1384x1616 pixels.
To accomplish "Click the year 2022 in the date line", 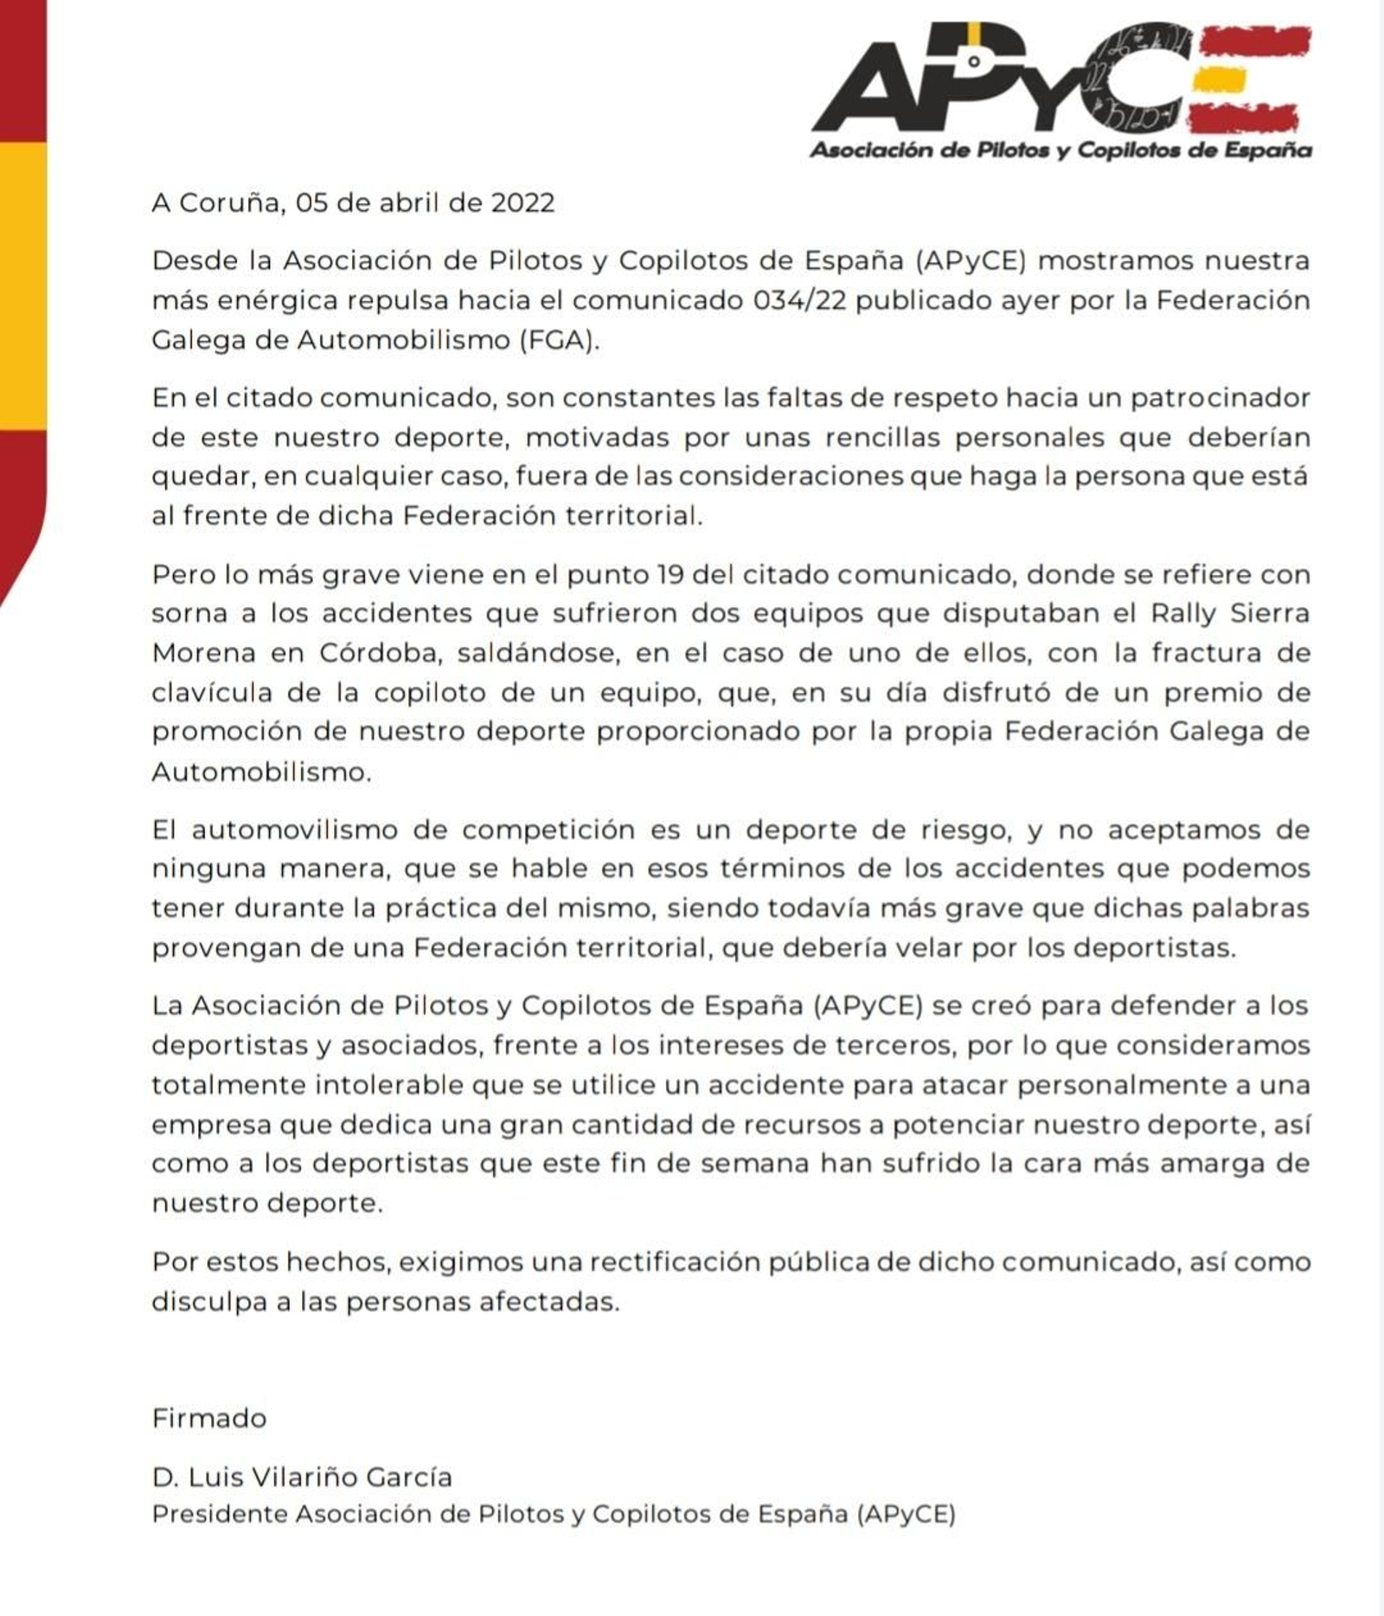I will pyautogui.click(x=522, y=202).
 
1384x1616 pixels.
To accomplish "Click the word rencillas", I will pyautogui.click(x=881, y=437).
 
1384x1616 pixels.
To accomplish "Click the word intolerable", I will pyautogui.click(x=388, y=1085).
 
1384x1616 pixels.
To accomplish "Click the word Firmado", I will pyautogui.click(x=208, y=1418).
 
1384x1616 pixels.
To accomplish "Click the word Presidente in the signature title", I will pyautogui.click(x=220, y=1514).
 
